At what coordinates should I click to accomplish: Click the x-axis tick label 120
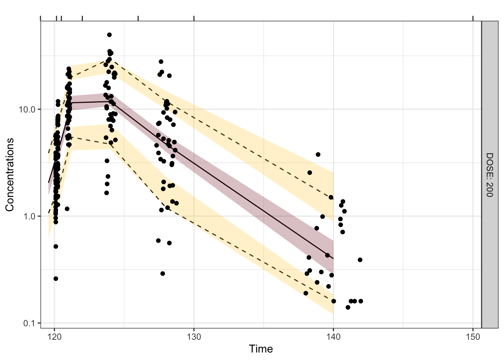(x=54, y=337)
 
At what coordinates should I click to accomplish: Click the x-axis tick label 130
(x=194, y=337)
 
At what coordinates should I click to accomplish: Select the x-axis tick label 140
(x=333, y=337)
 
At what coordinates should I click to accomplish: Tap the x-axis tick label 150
(x=473, y=337)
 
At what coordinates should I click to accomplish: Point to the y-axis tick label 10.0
(x=27, y=109)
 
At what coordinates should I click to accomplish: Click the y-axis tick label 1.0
(x=28, y=216)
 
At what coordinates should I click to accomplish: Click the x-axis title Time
(x=261, y=349)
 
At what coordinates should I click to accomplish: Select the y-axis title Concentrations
(x=10, y=175)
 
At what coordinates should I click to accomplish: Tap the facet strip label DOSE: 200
(x=490, y=175)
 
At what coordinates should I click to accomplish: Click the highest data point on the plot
(x=109, y=35)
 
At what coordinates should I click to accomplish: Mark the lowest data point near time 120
(x=56, y=279)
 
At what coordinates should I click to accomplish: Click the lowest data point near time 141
(x=348, y=307)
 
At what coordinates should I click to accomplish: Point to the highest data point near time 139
(x=318, y=154)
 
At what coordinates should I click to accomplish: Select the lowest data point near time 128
(x=162, y=274)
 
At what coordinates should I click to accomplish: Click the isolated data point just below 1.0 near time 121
(x=67, y=209)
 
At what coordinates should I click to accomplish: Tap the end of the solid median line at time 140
(x=333, y=259)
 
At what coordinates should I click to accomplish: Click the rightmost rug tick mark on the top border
(x=473, y=18)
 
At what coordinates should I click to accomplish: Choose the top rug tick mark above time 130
(x=194, y=18)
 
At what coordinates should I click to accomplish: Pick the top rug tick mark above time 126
(x=138, y=18)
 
